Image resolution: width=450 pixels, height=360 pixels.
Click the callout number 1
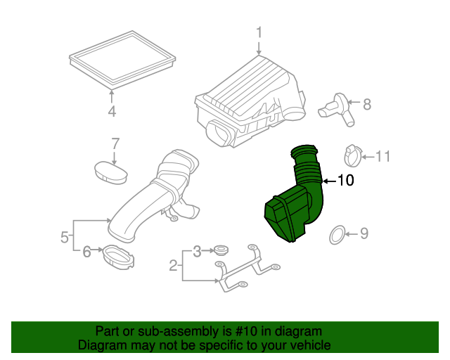click(x=258, y=32)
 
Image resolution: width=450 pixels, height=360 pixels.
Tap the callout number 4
click(x=112, y=112)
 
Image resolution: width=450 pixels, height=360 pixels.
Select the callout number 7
click(x=115, y=144)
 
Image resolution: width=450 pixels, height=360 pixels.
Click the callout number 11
click(x=382, y=156)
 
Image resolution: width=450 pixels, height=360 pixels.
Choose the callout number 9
click(x=364, y=233)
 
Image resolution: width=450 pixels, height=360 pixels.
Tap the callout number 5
click(x=64, y=237)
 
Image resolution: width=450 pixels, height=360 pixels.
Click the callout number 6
click(x=87, y=250)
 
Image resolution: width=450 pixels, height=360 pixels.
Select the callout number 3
click(x=198, y=250)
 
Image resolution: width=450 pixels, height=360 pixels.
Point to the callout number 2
click(x=173, y=265)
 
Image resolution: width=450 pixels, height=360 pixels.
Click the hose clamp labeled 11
click(x=352, y=155)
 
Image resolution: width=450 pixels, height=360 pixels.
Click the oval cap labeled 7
click(x=110, y=171)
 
